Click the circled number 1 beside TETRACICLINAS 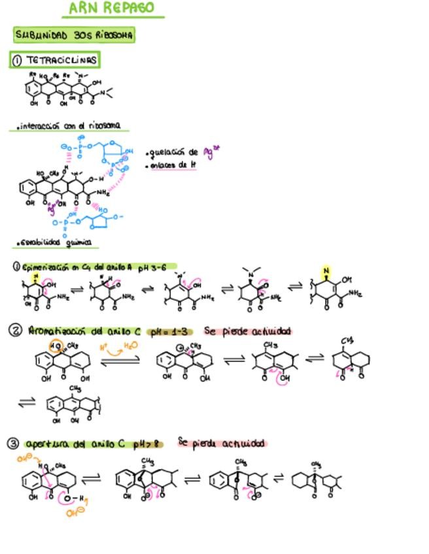(17, 61)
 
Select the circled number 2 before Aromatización (15, 331)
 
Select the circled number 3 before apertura (13, 444)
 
